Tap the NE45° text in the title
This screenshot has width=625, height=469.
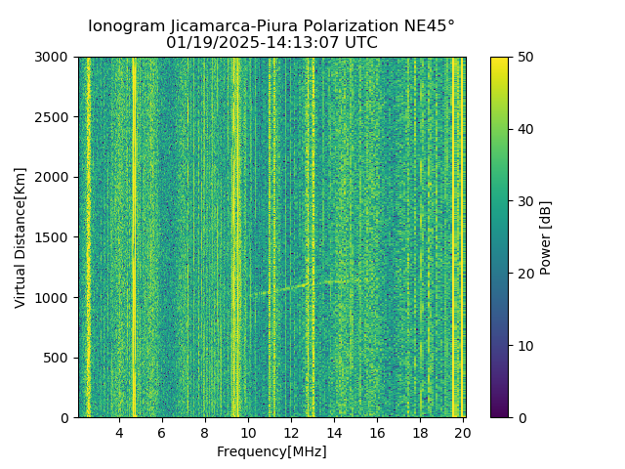[425, 26]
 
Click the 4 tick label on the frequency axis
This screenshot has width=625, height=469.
[119, 433]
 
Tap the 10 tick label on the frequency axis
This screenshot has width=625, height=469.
[248, 433]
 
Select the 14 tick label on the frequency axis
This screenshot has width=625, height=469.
[334, 433]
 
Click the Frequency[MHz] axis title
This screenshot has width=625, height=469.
[271, 451]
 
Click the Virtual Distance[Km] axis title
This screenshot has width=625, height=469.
[21, 237]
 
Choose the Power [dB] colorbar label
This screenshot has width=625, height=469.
[546, 237]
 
